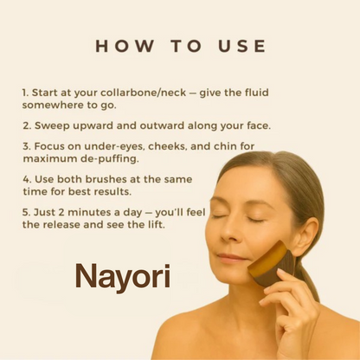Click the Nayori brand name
(122, 276)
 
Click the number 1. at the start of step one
(26, 90)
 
